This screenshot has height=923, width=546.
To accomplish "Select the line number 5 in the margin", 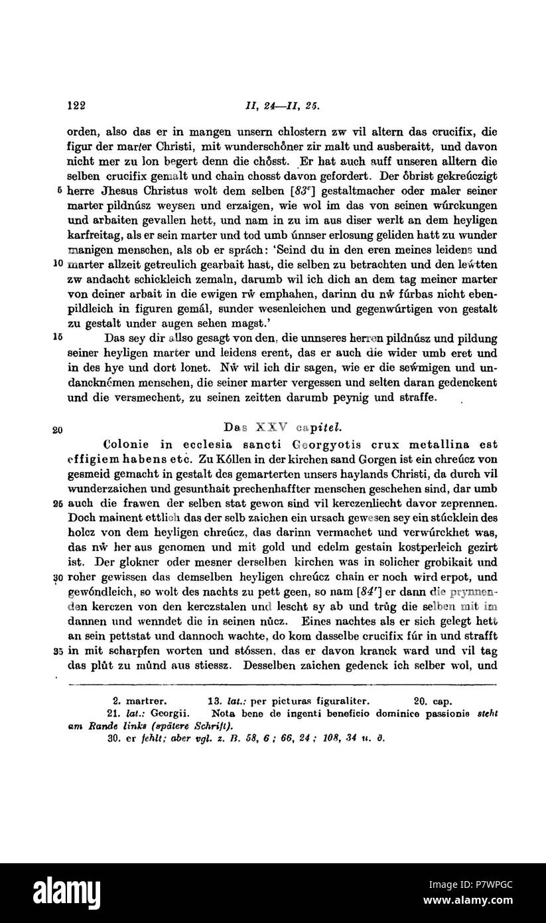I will [60, 191].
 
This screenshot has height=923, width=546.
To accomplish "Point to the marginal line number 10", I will [58, 264].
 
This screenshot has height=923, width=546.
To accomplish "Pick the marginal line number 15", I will [58, 337].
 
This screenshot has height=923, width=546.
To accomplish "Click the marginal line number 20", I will [58, 430].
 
